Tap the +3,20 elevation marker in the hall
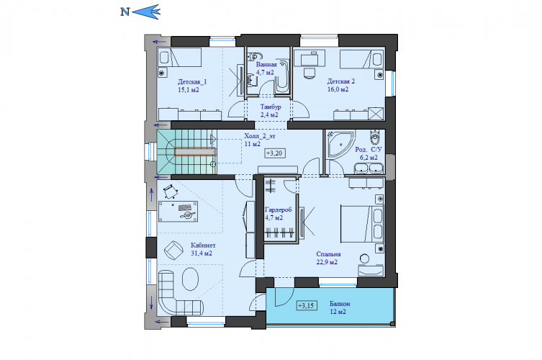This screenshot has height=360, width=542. click(x=275, y=153)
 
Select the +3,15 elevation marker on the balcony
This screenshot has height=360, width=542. click(x=307, y=306)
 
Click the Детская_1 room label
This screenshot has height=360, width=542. click(x=192, y=82)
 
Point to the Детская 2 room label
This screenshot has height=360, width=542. click(x=341, y=81)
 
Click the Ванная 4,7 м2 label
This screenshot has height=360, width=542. click(x=266, y=68)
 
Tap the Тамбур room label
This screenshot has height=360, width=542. click(x=271, y=107)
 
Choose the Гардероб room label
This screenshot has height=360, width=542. click(x=279, y=210)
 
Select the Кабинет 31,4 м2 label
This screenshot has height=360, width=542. click(x=203, y=249)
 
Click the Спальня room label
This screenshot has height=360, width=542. click(x=328, y=254)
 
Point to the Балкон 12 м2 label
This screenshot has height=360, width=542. click(x=340, y=307)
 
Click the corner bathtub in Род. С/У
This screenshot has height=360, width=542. click(x=339, y=143)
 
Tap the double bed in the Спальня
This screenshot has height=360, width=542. click(x=361, y=225)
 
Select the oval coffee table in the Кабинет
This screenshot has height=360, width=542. click(x=190, y=279)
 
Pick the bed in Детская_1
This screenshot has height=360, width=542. click(x=179, y=57)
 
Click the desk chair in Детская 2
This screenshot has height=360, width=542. click(x=310, y=73)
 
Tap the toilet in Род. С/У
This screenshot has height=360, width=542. click(x=375, y=137)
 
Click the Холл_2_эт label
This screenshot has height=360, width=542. click(x=260, y=136)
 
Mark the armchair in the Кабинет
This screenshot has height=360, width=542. click(x=173, y=250)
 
